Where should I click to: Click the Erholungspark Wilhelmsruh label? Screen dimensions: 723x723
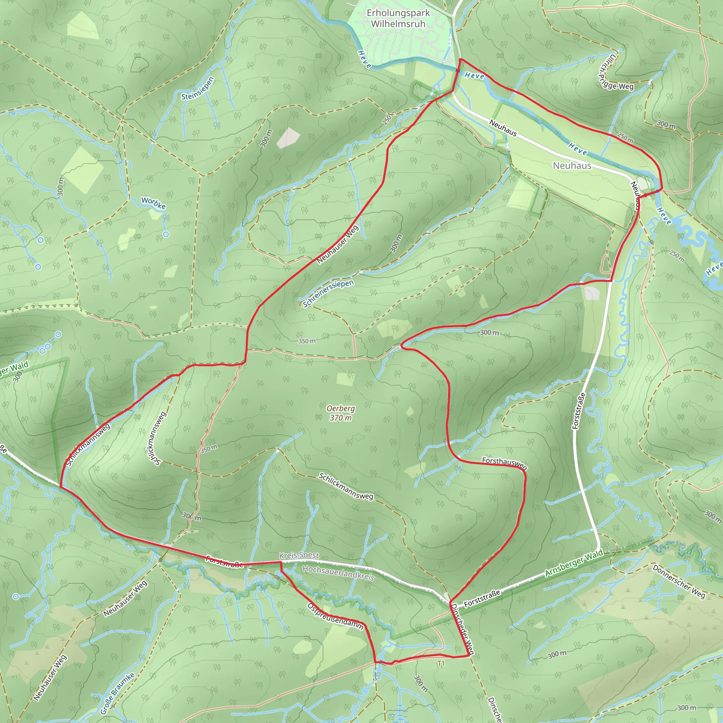click(x=398, y=18)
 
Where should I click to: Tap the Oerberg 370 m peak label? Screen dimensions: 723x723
click(x=340, y=413)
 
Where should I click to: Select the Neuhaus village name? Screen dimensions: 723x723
click(x=572, y=166)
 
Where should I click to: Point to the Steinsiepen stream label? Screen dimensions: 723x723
click(x=198, y=89)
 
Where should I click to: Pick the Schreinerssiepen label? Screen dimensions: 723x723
click(x=328, y=293)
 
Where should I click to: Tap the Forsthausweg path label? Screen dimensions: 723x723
click(x=504, y=463)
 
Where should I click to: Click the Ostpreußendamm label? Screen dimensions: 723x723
click(x=335, y=616)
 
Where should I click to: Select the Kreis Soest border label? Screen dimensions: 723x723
click(x=299, y=555)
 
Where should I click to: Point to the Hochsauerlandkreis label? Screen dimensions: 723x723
click(x=338, y=573)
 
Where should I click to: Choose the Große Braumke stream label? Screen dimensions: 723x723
click(x=117, y=694)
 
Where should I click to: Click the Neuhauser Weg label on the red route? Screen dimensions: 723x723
click(x=337, y=245)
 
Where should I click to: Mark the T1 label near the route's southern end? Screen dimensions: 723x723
click(x=441, y=663)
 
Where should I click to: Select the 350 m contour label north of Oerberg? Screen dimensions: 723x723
click(x=307, y=341)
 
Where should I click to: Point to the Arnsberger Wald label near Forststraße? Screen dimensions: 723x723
click(x=574, y=563)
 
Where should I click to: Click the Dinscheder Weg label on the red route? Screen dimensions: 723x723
click(x=462, y=629)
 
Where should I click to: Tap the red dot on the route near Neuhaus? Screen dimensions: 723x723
click(x=645, y=195)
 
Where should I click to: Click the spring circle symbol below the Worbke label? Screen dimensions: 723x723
click(x=166, y=234)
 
